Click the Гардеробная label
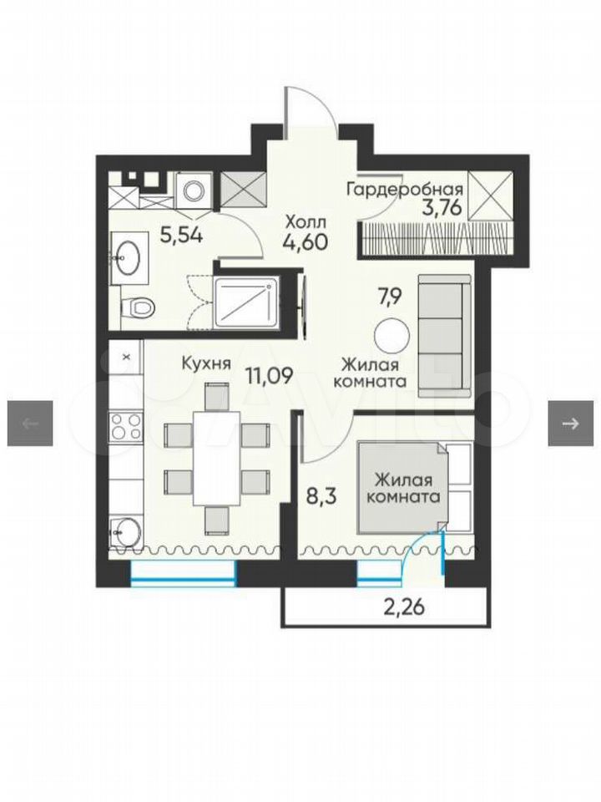point(405,190)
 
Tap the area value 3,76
point(442,208)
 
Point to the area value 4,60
point(306,241)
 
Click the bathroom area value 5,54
point(181,236)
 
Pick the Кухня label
point(206,363)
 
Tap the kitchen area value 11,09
point(270,377)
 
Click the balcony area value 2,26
point(405,608)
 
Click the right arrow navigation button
point(571,423)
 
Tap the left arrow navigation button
point(30,423)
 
